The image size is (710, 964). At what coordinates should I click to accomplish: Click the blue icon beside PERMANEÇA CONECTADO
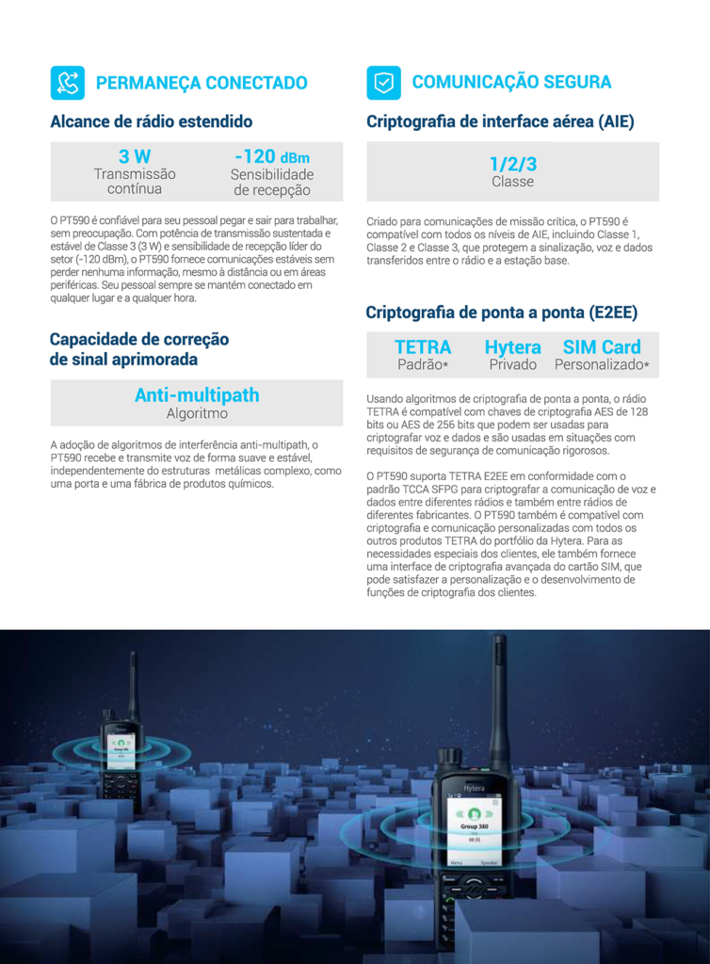coord(67,83)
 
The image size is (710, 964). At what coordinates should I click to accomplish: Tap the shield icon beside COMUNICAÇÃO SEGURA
coord(383,83)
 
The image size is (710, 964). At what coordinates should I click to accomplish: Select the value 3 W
coord(135,156)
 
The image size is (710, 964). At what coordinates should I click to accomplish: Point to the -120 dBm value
coord(271,156)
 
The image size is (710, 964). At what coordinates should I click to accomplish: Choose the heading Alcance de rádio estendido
coord(151,121)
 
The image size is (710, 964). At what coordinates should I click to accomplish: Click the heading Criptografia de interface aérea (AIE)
coord(500,121)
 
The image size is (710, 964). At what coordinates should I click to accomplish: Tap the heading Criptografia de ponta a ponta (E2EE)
coord(488,313)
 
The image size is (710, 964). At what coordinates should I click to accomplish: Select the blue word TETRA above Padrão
coord(423,346)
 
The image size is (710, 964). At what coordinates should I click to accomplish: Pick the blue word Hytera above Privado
coord(512,346)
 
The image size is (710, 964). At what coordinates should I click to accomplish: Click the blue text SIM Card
coord(602,346)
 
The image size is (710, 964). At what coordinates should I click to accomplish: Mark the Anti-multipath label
coord(197,394)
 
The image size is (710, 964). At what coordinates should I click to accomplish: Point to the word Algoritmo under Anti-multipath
coord(197,413)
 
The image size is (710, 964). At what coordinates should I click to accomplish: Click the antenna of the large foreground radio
coord(498,697)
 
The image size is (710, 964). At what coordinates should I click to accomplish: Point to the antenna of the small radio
coord(133,683)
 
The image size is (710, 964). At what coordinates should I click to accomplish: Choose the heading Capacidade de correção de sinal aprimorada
coord(138,349)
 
